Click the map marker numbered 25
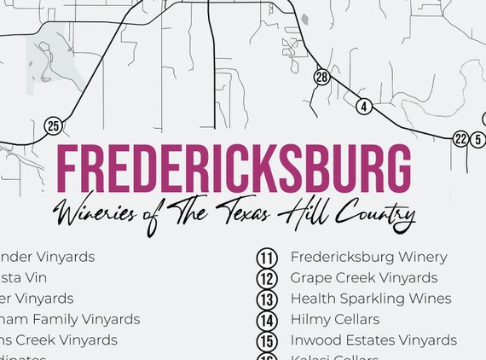54,126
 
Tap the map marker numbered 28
321,78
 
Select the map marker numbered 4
365,107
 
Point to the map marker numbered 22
461,139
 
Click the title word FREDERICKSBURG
233,170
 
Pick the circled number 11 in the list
268,258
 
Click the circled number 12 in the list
268,278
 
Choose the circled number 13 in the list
268,299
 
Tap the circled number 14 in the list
268,321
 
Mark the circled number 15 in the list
268,341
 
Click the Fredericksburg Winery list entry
368,257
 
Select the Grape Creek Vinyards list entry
363,278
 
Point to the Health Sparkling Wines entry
371,299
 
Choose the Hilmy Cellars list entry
334,320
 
